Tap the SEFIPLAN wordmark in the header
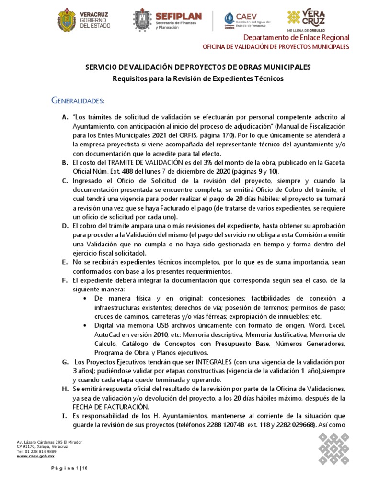pyautogui.click(x=178, y=16)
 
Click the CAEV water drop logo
pyautogui.click(x=230, y=19)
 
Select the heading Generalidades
pyautogui.click(x=78, y=101)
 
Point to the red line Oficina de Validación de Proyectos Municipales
pyautogui.click(x=276, y=47)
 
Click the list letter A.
pyautogui.click(x=65, y=117)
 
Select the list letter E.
pyautogui.click(x=65, y=263)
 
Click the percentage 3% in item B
pyautogui.click(x=197, y=163)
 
